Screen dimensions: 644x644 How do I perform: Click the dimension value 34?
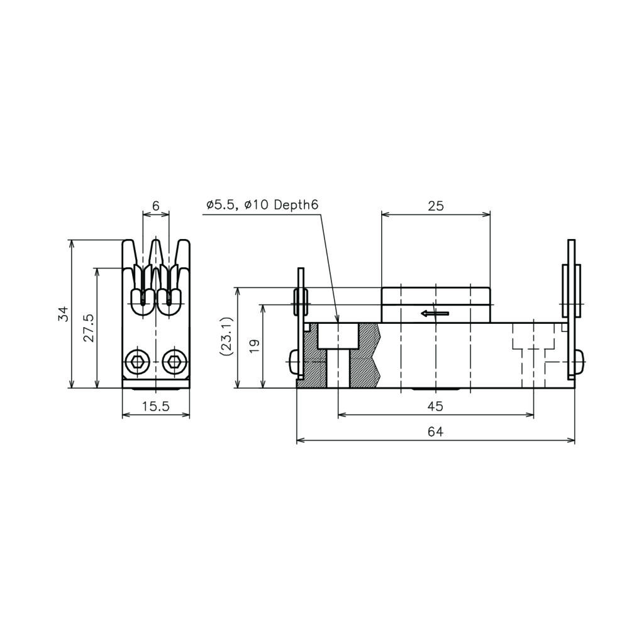[63, 314]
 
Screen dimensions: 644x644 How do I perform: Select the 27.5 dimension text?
[89, 328]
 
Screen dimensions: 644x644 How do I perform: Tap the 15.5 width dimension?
[156, 406]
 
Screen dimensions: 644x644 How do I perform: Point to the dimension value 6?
[156, 206]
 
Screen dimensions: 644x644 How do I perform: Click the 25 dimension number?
[436, 206]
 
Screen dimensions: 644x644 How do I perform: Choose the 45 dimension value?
[435, 406]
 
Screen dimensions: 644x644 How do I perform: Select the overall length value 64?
[435, 431]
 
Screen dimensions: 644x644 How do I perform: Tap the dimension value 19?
[254, 346]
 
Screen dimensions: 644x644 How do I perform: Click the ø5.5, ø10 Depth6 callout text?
[262, 204]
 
